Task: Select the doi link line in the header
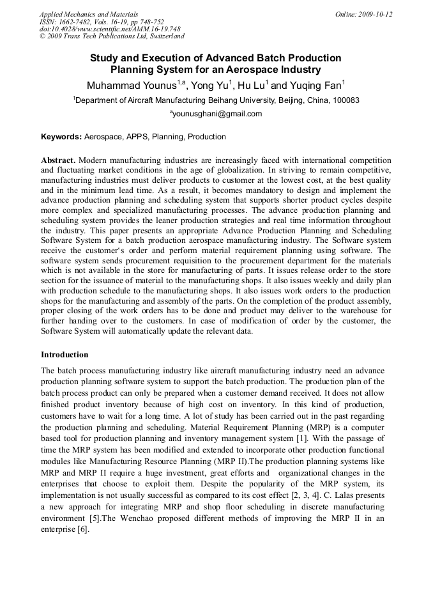110,29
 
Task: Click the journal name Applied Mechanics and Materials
89,14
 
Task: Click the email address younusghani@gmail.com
218,114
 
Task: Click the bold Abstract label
58,159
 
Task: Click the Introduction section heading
65,354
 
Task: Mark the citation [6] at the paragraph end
84,531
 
